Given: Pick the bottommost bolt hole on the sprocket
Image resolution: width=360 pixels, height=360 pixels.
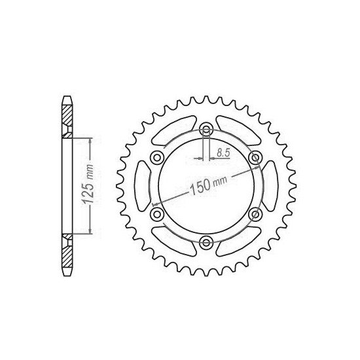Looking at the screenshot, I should [206, 242].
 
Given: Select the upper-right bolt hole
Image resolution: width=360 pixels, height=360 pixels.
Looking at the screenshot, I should [255, 157].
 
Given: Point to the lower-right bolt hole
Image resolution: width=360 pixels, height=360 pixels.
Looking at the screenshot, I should [255, 214].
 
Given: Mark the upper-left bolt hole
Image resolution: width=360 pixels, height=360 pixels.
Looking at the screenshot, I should [156, 157].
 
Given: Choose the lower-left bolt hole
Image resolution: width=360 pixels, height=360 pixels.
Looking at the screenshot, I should [156, 214].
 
